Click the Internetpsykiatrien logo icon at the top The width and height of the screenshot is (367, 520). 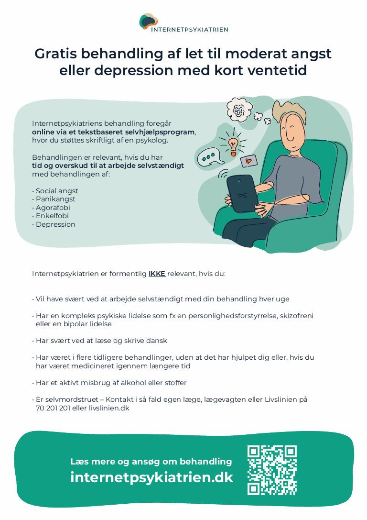pyautogui.click(x=149, y=22)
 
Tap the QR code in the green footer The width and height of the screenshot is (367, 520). pyautogui.click(x=272, y=470)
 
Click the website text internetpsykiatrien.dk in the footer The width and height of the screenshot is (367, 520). pyautogui.click(x=151, y=477)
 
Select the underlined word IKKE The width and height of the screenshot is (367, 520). pyautogui.click(x=157, y=274)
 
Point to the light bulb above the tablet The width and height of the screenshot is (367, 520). pyautogui.click(x=233, y=144)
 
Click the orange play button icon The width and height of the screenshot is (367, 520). pyautogui.click(x=248, y=161)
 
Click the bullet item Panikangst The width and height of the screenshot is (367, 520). pyautogui.click(x=55, y=199)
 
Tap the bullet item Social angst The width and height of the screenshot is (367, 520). pyautogui.click(x=57, y=191)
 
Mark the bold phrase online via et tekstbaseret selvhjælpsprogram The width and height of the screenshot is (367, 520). pyautogui.click(x=114, y=132)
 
